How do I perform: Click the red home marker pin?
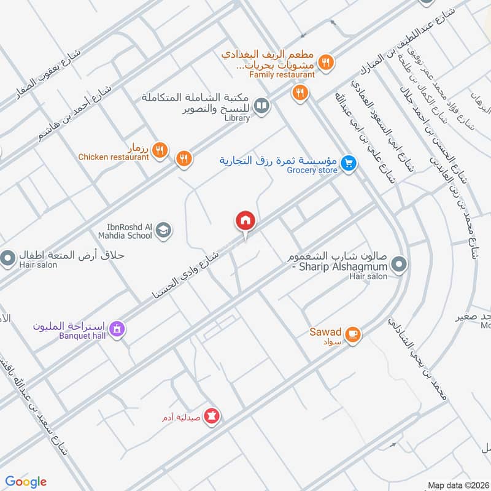pyautogui.click(x=245, y=220)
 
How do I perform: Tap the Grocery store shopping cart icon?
pyautogui.click(x=349, y=163)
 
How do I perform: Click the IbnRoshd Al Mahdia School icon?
pyautogui.click(x=163, y=230)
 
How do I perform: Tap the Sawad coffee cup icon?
pyautogui.click(x=352, y=334)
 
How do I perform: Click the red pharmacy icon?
pyautogui.click(x=212, y=416)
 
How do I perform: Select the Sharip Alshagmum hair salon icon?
pyautogui.click(x=399, y=265)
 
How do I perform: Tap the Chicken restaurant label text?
pyautogui.click(x=114, y=157)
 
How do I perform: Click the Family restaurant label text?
pyautogui.click(x=282, y=74)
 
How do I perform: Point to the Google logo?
pyautogui.click(x=26, y=482)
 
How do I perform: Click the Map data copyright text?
pyautogui.click(x=458, y=485)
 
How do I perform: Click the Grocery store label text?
pyautogui.click(x=312, y=170)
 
